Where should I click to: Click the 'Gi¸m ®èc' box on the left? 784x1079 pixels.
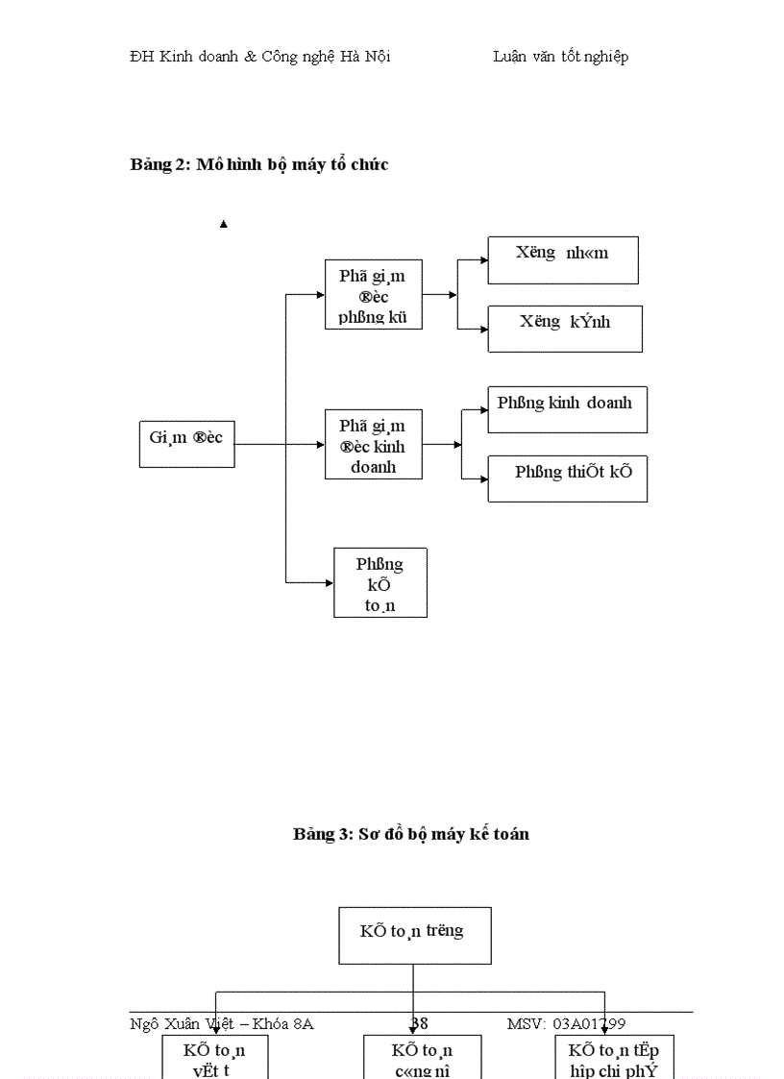pyautogui.click(x=186, y=444)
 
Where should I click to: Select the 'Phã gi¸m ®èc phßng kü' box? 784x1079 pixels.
pyautogui.click(x=374, y=295)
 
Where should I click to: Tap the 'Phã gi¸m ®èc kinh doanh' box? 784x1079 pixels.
pyautogui.click(x=374, y=446)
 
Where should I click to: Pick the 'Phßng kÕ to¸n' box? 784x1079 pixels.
pyautogui.click(x=380, y=582)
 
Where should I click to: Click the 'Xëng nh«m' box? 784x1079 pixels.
pyautogui.click(x=562, y=260)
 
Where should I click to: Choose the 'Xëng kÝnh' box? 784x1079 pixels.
pyautogui.click(x=565, y=329)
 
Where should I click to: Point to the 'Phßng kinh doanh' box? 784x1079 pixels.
pyautogui.click(x=567, y=409)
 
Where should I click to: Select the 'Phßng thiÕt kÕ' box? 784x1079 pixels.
pyautogui.click(x=567, y=478)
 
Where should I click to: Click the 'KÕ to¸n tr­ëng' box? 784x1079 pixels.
pyautogui.click(x=414, y=935)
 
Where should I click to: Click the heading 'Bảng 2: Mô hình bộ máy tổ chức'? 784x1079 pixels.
pyautogui.click(x=259, y=164)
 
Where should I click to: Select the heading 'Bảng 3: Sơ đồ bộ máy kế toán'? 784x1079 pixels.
pyautogui.click(x=411, y=834)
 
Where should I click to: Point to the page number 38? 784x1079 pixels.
pyautogui.click(x=420, y=1023)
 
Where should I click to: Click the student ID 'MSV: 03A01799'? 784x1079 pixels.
pyautogui.click(x=566, y=1023)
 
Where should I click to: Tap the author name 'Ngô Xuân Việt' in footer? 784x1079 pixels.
pyautogui.click(x=182, y=1023)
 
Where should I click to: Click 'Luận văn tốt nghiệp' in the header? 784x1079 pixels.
pyautogui.click(x=561, y=56)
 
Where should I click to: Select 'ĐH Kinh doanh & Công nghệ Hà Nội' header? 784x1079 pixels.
pyautogui.click(x=260, y=56)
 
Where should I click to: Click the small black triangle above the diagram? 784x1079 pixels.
pyautogui.click(x=224, y=224)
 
